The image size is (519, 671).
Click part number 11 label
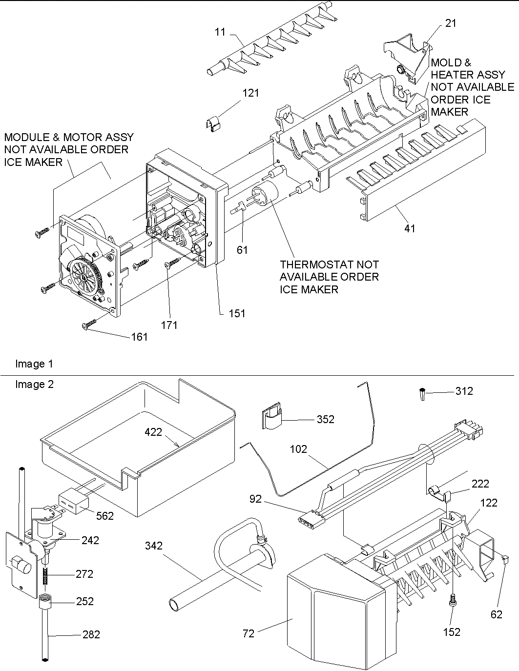click(x=220, y=32)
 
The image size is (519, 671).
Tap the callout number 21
click(x=451, y=23)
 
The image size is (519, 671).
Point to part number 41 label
click(x=410, y=227)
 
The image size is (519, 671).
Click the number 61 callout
click(x=242, y=250)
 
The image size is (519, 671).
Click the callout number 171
click(x=169, y=325)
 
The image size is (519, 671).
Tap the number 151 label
click(x=237, y=313)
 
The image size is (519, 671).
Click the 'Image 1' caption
click(x=34, y=364)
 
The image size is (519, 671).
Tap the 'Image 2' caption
click(x=34, y=385)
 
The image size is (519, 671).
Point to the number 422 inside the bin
click(x=153, y=432)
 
